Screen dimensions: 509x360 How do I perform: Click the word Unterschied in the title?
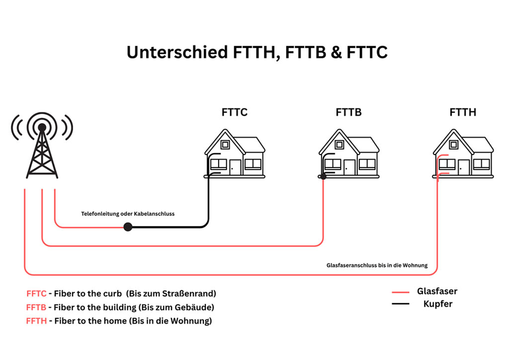point(177,52)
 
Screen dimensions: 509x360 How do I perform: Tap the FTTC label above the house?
point(235,112)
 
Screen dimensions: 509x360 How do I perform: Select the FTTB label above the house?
point(348,112)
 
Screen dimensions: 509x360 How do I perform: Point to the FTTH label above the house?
point(463,112)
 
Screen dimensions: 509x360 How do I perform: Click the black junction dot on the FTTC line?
point(128,227)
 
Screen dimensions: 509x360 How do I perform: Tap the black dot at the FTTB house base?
point(323,177)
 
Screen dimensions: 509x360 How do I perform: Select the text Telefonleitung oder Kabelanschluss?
point(128,214)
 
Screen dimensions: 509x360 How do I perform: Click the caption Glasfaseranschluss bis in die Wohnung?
point(377,265)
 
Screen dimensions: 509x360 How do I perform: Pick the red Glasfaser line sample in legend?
point(400,292)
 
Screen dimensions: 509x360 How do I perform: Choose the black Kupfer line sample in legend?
point(400,304)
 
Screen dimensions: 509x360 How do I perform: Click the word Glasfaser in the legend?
point(437,291)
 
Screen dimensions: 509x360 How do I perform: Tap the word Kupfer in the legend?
point(437,304)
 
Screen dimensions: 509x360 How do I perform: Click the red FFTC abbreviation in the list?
point(36,293)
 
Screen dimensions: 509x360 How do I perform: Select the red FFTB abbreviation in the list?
point(36,307)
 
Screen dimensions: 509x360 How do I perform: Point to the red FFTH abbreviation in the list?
point(36,321)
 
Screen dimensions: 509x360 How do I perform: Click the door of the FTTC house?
point(235,167)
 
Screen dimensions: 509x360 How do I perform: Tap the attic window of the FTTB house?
point(339,145)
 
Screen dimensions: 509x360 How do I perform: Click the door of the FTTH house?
point(464,167)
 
